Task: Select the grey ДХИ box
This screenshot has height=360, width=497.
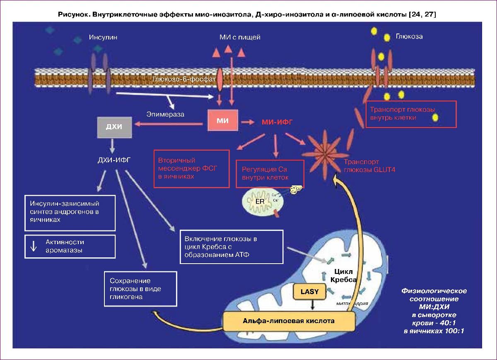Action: click(x=114, y=127)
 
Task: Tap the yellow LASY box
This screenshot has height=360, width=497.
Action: click(x=310, y=291)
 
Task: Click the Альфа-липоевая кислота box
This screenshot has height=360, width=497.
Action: click(x=289, y=321)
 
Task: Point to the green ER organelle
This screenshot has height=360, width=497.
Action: click(x=260, y=202)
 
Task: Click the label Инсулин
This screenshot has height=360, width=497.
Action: click(x=103, y=37)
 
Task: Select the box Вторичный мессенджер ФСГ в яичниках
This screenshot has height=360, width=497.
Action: click(x=191, y=168)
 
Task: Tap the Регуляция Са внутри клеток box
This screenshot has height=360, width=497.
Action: click(x=269, y=174)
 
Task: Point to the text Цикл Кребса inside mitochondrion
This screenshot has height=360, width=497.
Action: click(x=343, y=276)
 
